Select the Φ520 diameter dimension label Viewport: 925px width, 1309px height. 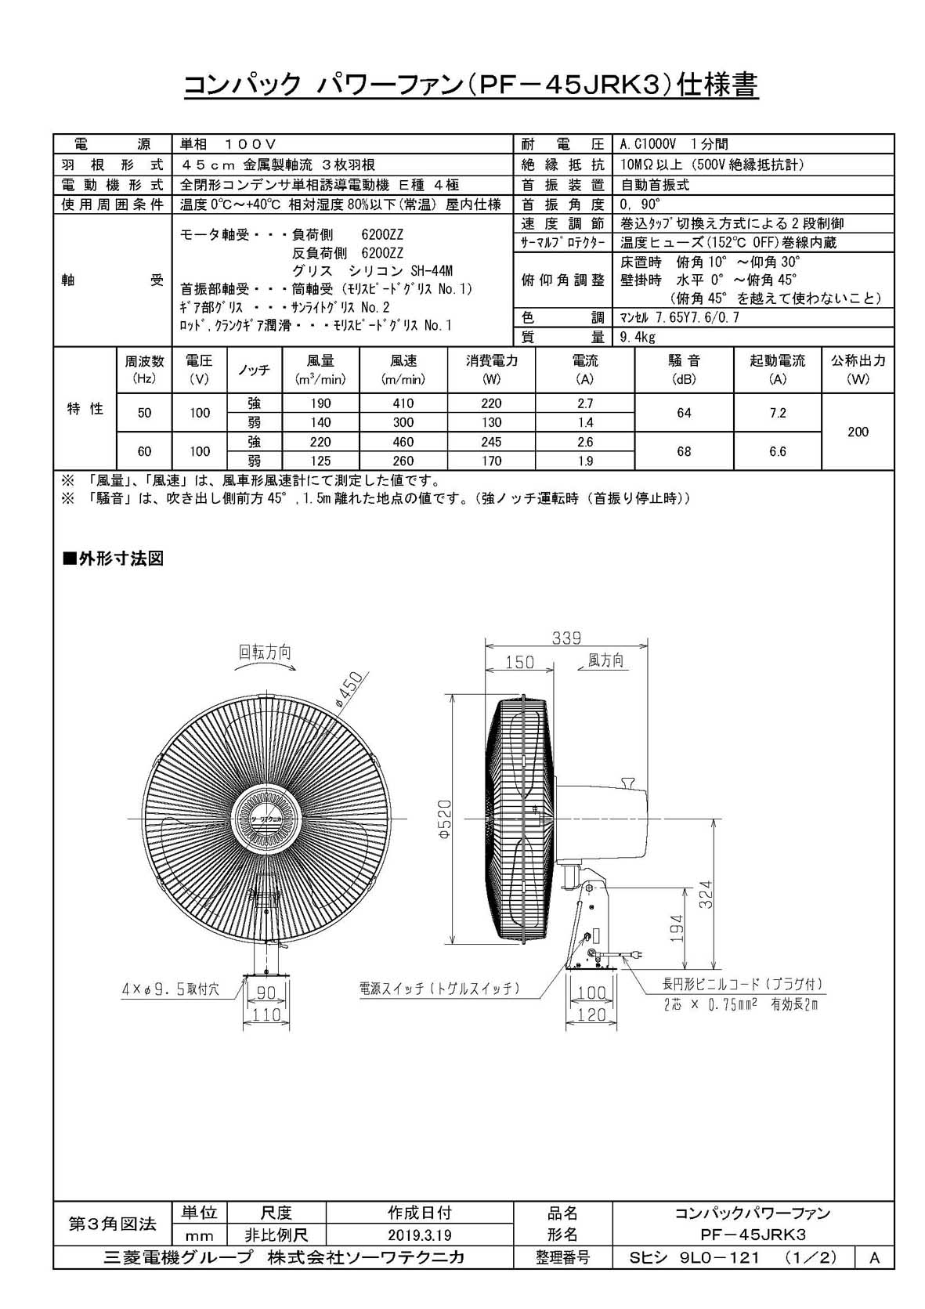[444, 819]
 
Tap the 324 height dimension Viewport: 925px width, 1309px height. [706, 895]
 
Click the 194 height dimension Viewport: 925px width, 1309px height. [677, 929]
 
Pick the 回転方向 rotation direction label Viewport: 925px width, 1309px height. [265, 652]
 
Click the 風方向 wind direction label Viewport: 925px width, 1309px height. [605, 660]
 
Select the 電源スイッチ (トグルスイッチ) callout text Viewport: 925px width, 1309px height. [440, 989]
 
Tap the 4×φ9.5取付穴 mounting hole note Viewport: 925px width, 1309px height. [170, 989]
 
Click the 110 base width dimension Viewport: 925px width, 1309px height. [266, 1014]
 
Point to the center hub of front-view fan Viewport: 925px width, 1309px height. [266, 818]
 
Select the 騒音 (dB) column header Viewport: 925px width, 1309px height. [684, 369]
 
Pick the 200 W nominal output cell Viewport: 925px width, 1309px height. [858, 432]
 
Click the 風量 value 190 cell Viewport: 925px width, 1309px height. [320, 403]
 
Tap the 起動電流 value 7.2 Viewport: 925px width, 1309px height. [777, 413]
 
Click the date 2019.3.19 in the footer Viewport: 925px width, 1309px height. [419, 1235]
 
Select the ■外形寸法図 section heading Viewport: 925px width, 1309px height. [113, 559]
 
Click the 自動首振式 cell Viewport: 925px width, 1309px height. [655, 185]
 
